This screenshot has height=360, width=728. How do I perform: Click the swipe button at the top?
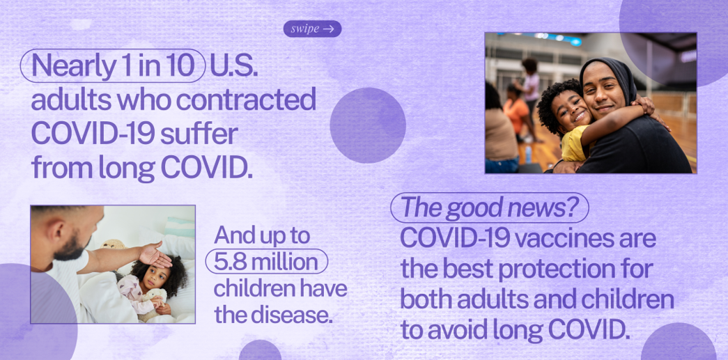coord(313,29)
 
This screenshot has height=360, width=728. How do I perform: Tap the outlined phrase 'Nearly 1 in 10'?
coord(113,66)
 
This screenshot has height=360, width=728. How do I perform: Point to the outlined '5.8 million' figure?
coord(267,261)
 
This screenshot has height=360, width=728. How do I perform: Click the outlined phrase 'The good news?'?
coord(489,208)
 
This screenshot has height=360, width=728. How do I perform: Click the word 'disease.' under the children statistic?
coord(292,314)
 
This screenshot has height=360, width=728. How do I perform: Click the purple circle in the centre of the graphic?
coord(368,125)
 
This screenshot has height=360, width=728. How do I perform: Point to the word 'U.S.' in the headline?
coord(233,66)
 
